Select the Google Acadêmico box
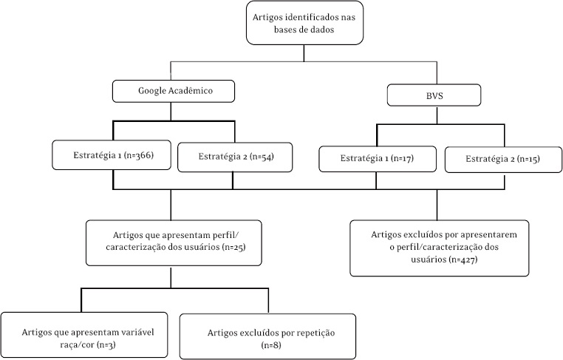(174, 91)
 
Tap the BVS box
(435, 95)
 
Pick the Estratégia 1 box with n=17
(377, 159)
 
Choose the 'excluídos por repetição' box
(267, 336)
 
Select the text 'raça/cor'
(42, 344)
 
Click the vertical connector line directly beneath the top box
(304, 52)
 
